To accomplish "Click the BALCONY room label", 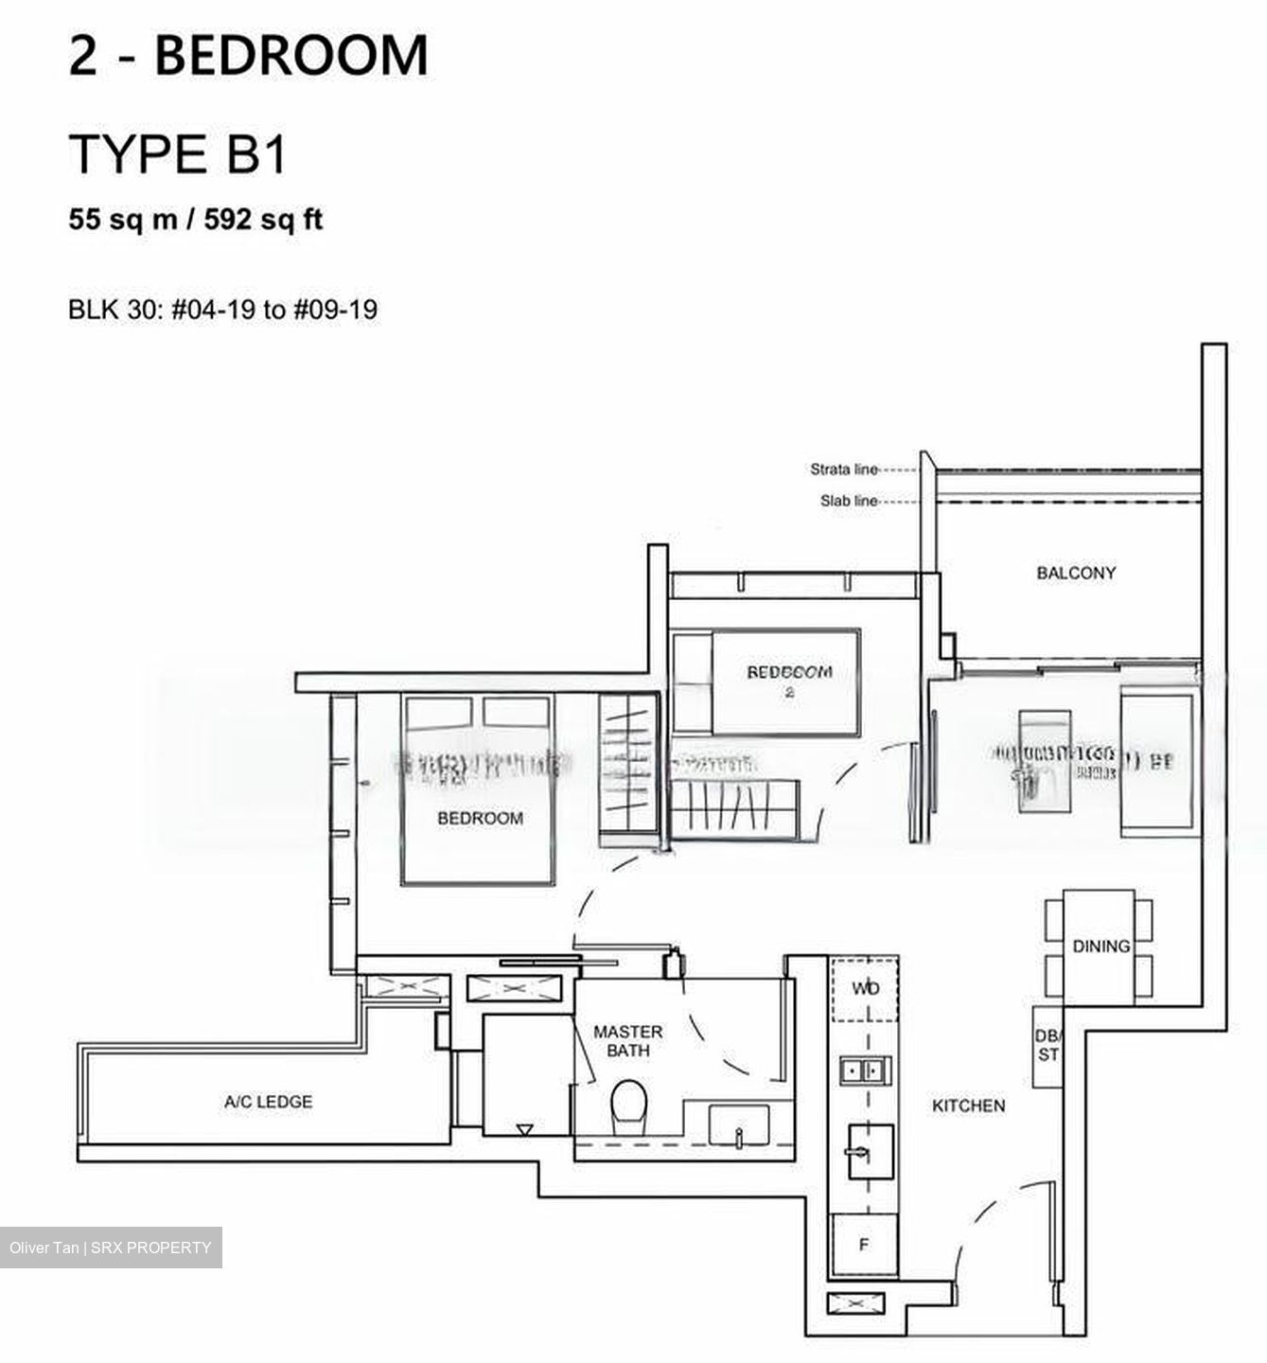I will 1076,573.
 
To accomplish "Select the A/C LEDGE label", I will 268,1102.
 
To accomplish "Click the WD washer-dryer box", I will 864,988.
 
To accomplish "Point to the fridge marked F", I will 863,1246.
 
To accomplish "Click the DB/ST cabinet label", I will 1047,1045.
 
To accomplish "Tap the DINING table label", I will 1100,946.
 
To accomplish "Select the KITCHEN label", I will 968,1106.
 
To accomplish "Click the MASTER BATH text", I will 627,1041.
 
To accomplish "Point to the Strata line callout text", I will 843,469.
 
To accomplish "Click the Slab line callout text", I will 849,502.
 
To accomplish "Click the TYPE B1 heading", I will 177,154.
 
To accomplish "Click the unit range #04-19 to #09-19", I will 273,310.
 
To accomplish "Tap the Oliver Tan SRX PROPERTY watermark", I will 111,1248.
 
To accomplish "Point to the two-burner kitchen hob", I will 863,1071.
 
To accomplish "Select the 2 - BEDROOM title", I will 248,55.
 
